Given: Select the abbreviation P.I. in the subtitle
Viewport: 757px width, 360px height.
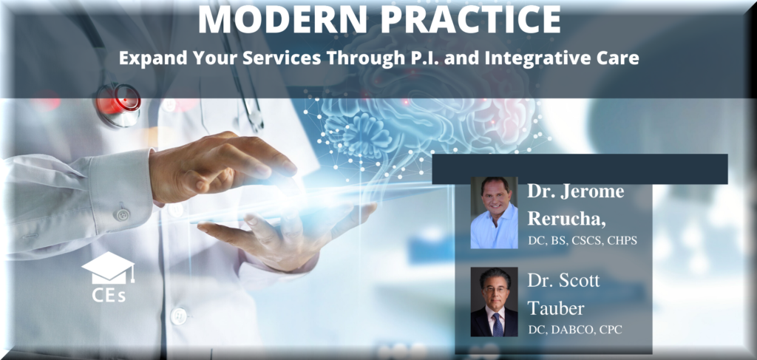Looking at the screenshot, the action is (420, 58).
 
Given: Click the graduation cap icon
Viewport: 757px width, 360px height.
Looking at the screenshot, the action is (108, 268).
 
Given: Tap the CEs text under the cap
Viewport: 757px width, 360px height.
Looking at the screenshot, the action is (109, 295).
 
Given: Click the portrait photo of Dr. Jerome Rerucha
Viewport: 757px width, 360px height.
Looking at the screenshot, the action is (494, 212).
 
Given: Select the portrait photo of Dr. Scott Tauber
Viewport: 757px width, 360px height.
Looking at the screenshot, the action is (494, 302).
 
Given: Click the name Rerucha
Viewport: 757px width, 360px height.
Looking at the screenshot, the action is (566, 218).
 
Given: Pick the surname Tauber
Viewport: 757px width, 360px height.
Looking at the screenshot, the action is (556, 308).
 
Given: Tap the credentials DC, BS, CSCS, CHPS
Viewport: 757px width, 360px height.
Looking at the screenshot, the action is (583, 240).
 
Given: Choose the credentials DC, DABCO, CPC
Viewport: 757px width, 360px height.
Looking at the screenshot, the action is (575, 330).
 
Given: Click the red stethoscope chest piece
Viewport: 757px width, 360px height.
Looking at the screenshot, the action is (118, 99).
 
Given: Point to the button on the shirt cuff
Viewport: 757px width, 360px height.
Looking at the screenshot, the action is (122, 214).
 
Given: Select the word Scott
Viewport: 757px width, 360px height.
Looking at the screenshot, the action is (579, 280).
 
